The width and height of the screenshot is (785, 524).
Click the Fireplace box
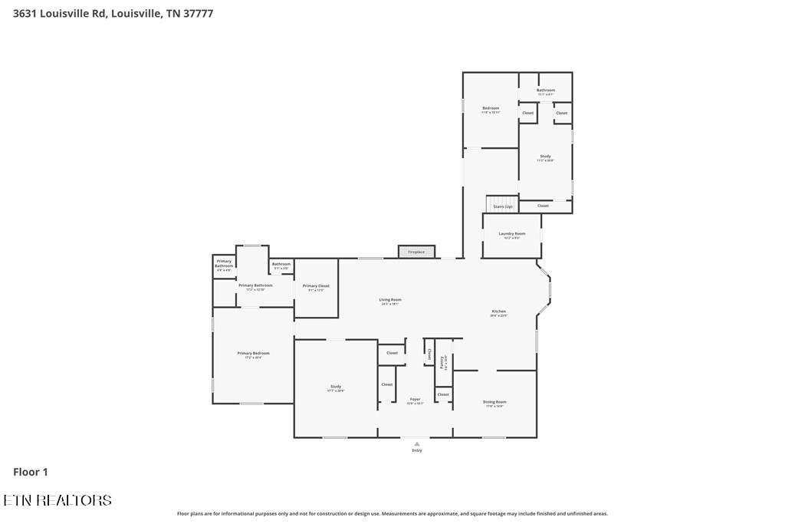[x=416, y=252]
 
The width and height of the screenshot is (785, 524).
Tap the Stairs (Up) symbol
[x=502, y=205]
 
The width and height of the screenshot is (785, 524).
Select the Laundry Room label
[x=511, y=233]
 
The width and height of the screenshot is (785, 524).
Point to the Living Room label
[x=390, y=300]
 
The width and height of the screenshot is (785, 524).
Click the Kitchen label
[x=498, y=311]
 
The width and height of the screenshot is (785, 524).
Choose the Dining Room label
[x=494, y=402]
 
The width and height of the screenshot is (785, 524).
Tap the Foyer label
[x=415, y=399]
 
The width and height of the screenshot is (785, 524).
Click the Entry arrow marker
[x=416, y=443]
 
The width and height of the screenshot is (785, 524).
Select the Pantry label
[x=443, y=362]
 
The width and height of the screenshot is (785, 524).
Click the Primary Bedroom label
[x=253, y=354]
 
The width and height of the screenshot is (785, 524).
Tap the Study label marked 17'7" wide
[x=336, y=387]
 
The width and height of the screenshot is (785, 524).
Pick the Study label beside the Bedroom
[x=545, y=157]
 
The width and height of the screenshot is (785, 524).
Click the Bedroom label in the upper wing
[x=491, y=108]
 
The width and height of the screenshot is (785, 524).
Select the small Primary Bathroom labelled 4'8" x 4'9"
[x=224, y=263]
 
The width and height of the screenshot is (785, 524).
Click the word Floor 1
[x=31, y=473]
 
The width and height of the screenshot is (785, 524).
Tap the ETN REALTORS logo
[x=57, y=500]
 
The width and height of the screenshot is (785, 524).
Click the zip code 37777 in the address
[x=199, y=14]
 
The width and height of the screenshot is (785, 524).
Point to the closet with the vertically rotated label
[x=429, y=354]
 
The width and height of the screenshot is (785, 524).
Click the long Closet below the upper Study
[x=543, y=206]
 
